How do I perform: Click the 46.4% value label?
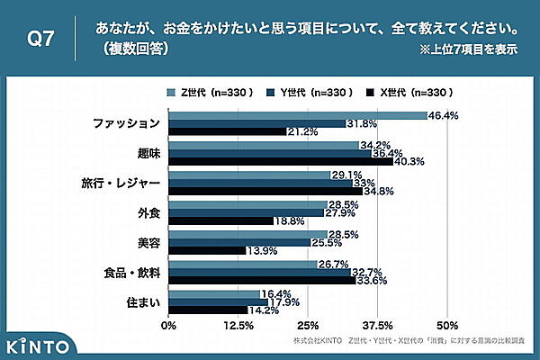[443, 115]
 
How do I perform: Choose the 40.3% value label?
[409, 162]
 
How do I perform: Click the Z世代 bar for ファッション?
[297, 115]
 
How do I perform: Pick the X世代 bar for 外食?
[220, 220]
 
